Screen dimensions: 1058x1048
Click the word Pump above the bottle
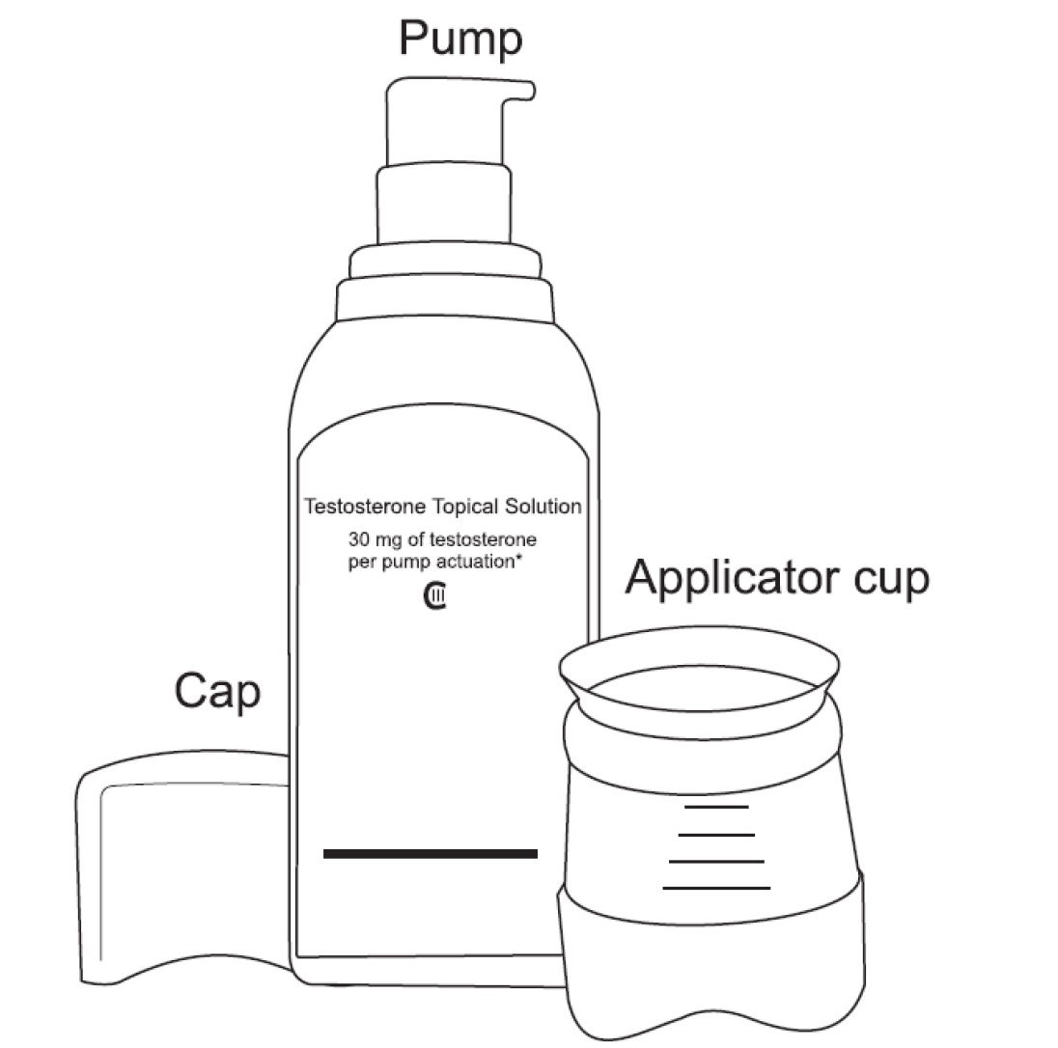point(460,40)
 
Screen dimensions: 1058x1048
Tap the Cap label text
point(217,692)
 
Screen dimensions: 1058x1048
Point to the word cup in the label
point(892,581)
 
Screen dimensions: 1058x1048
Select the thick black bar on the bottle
point(431,854)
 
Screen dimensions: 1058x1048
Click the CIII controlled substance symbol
point(434,596)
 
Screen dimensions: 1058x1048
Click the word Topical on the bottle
point(465,507)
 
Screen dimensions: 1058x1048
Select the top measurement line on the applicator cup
point(716,807)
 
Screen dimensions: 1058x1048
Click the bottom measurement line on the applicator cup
point(716,888)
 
